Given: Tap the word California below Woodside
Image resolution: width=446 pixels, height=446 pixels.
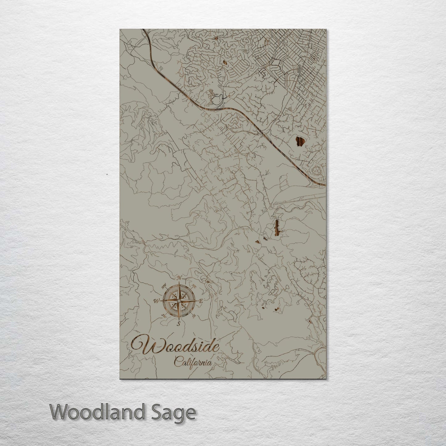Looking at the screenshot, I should (193, 361).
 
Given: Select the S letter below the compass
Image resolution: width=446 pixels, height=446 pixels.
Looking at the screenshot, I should (178, 323).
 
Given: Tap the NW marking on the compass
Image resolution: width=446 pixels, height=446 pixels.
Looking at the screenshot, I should (164, 285).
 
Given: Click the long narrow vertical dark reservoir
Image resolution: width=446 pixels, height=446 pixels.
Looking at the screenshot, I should (276, 228).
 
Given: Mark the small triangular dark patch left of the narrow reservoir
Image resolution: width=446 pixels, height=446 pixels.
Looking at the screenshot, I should (257, 242).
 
